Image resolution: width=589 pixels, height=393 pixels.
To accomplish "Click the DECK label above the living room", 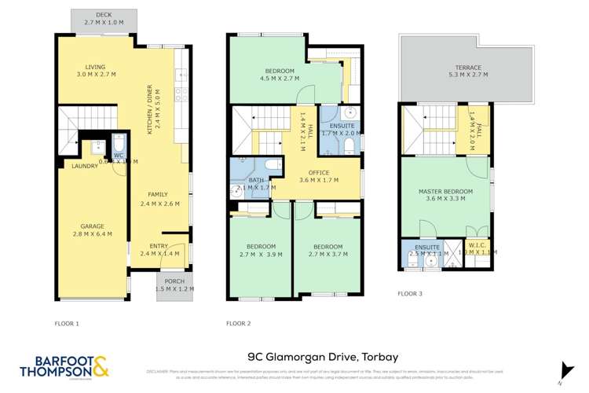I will pos(104,15).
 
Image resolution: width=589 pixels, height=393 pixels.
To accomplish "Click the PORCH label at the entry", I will pos(173,281).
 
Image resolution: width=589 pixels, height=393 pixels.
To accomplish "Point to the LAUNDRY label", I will pos(84,167).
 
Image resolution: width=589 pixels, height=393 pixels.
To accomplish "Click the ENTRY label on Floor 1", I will pos(159,244).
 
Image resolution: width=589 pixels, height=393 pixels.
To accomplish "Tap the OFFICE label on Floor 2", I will pos(319,172).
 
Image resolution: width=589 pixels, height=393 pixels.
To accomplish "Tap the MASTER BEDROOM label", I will pos(445,192).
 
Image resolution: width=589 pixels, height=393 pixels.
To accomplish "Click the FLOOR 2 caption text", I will pos(239,323).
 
